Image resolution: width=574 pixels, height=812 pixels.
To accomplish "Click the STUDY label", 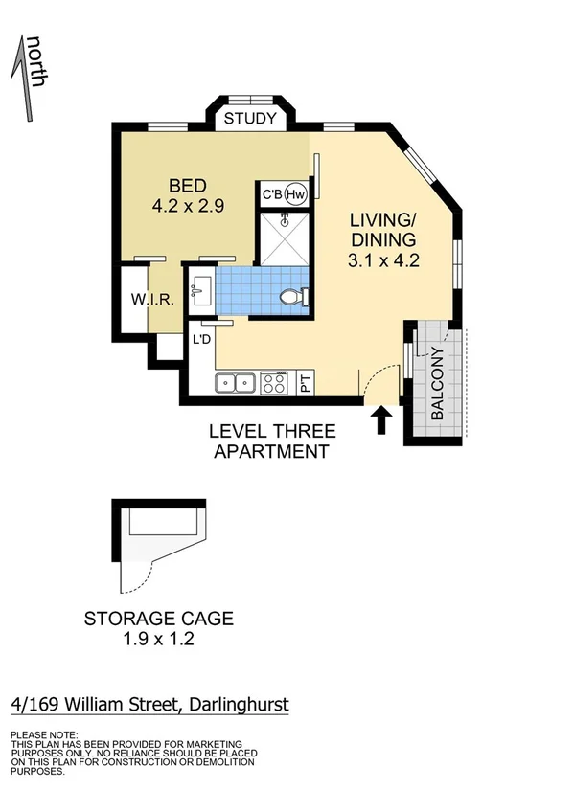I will (x=250, y=120).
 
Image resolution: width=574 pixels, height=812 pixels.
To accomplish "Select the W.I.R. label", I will (x=151, y=300).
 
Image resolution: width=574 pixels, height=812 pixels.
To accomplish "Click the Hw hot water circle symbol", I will (x=295, y=194).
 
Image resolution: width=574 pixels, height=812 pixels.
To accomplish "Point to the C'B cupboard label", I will (x=273, y=194).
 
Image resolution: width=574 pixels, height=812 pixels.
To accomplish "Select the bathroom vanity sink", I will (x=202, y=290).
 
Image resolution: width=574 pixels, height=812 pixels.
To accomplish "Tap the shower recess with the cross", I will (x=283, y=237).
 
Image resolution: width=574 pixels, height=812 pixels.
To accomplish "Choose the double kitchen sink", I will (x=235, y=383).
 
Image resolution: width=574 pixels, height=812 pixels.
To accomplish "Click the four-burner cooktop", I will (x=274, y=383).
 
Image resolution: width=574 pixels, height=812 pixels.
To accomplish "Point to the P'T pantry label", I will (x=306, y=383).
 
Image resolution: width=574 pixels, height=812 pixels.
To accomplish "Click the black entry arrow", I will (x=380, y=420).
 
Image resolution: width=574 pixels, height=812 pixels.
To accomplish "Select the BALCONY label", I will (x=437, y=383).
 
